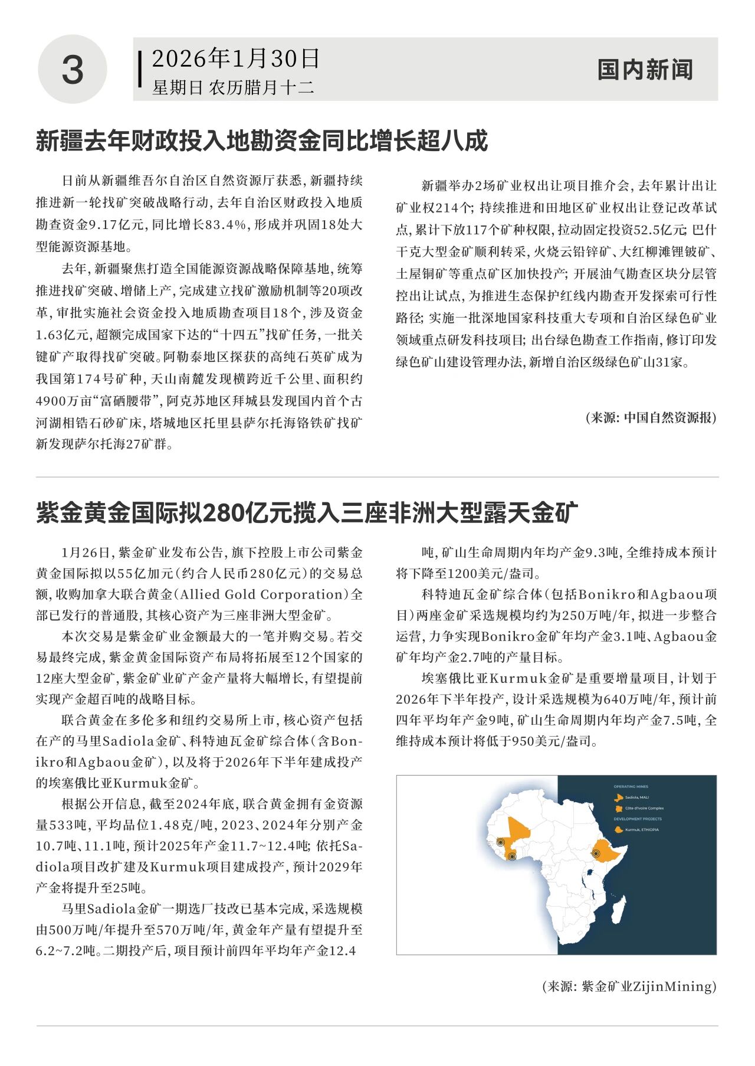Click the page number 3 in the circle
73,70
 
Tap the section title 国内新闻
645,70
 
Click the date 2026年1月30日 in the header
235,58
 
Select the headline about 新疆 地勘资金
262,141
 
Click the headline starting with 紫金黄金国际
307,513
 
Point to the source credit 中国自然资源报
669,418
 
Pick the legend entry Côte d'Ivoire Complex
644,808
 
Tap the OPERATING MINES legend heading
631,787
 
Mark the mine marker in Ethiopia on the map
595,854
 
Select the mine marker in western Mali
501,842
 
